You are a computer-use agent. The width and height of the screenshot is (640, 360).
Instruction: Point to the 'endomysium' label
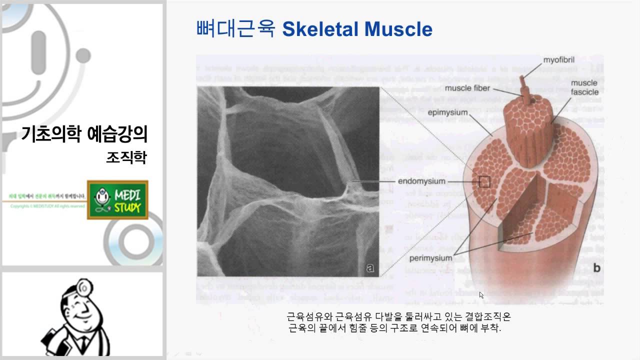422,181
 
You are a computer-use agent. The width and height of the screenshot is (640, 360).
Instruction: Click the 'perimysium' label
430,258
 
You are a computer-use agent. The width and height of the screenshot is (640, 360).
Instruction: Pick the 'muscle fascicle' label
584,87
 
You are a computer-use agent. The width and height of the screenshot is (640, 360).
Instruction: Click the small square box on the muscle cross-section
484,181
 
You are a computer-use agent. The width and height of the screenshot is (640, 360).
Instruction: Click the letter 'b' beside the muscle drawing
596,268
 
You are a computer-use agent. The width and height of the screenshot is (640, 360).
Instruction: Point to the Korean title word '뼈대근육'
236,29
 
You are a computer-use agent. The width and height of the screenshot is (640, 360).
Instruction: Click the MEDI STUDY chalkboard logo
117,200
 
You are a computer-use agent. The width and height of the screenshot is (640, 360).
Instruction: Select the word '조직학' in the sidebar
126,158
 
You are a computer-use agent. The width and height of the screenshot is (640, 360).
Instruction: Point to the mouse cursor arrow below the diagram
481,295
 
